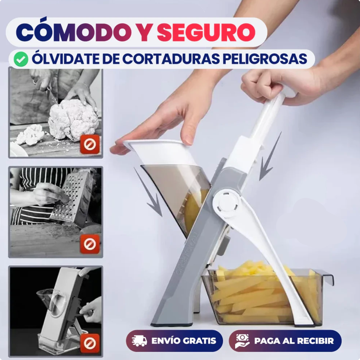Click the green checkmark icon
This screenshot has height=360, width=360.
tap(21, 59)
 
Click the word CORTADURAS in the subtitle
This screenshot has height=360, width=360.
tap(166, 59)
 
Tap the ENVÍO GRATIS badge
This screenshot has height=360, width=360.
tap(174, 341)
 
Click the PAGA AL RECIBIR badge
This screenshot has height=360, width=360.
tap(285, 341)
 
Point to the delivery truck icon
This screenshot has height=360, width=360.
tap(139, 341)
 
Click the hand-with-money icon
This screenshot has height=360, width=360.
tap(242, 341)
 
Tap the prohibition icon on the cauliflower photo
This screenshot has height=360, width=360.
tap(90, 144)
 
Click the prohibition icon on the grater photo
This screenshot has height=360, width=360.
tap(90, 244)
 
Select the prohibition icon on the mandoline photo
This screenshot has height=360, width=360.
tap(90, 343)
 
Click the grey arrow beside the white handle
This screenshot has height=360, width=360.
tap(269, 159)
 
